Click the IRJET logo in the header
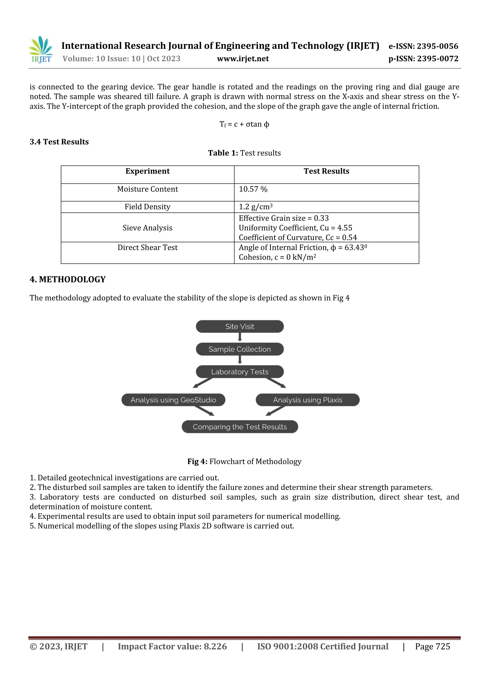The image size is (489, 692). (x=41, y=50)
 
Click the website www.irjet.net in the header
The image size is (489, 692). (x=243, y=59)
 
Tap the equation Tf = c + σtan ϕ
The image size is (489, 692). (x=244, y=124)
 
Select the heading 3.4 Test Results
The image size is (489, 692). (x=59, y=142)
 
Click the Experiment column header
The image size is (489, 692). (x=147, y=171)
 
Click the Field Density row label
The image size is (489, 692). (x=147, y=207)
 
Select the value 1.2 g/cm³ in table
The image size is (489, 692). (x=255, y=207)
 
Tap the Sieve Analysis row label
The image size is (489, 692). (x=147, y=228)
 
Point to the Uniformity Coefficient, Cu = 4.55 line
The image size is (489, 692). (x=295, y=228)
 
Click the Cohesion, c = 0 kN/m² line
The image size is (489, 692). (x=277, y=257)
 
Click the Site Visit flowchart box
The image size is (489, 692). (x=239, y=326)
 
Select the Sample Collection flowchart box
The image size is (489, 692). (x=239, y=349)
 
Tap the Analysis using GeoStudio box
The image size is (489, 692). (x=173, y=400)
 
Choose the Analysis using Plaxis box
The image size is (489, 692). (x=307, y=400)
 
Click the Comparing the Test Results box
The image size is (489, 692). (x=239, y=427)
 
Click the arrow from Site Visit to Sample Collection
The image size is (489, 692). (x=240, y=337)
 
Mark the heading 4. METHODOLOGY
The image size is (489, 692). (x=68, y=279)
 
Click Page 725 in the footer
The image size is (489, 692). (x=432, y=646)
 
